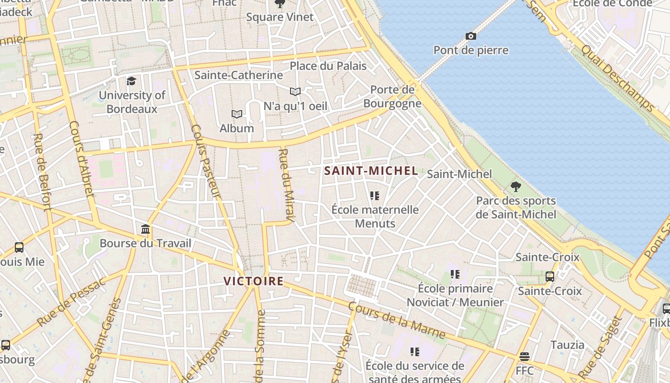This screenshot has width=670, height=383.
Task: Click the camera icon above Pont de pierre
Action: click(470, 36)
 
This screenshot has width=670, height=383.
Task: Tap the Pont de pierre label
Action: click(471, 50)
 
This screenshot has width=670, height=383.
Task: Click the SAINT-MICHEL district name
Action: click(371, 171)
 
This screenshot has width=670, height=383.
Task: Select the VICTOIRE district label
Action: click(254, 281)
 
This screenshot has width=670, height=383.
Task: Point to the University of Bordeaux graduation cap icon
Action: click(131, 81)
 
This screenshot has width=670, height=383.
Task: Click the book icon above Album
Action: click(236, 114)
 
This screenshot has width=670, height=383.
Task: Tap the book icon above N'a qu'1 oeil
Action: click(295, 91)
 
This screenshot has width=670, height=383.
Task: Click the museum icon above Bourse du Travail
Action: click(145, 229)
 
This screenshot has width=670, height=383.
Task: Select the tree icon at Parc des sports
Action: click(515, 186)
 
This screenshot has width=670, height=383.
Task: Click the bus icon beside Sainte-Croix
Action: click(550, 276)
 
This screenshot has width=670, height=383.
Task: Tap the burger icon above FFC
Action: click(525, 357)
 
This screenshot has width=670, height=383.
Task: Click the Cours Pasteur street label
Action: click(206, 161)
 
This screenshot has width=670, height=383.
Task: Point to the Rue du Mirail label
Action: click(288, 186)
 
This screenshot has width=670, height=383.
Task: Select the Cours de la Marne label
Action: click(397, 320)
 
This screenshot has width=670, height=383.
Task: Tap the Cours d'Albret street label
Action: click(81, 158)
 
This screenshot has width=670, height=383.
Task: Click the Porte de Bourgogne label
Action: click(392, 97)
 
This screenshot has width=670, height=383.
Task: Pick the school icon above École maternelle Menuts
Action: click(374, 196)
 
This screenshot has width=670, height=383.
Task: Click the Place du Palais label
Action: click(328, 66)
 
